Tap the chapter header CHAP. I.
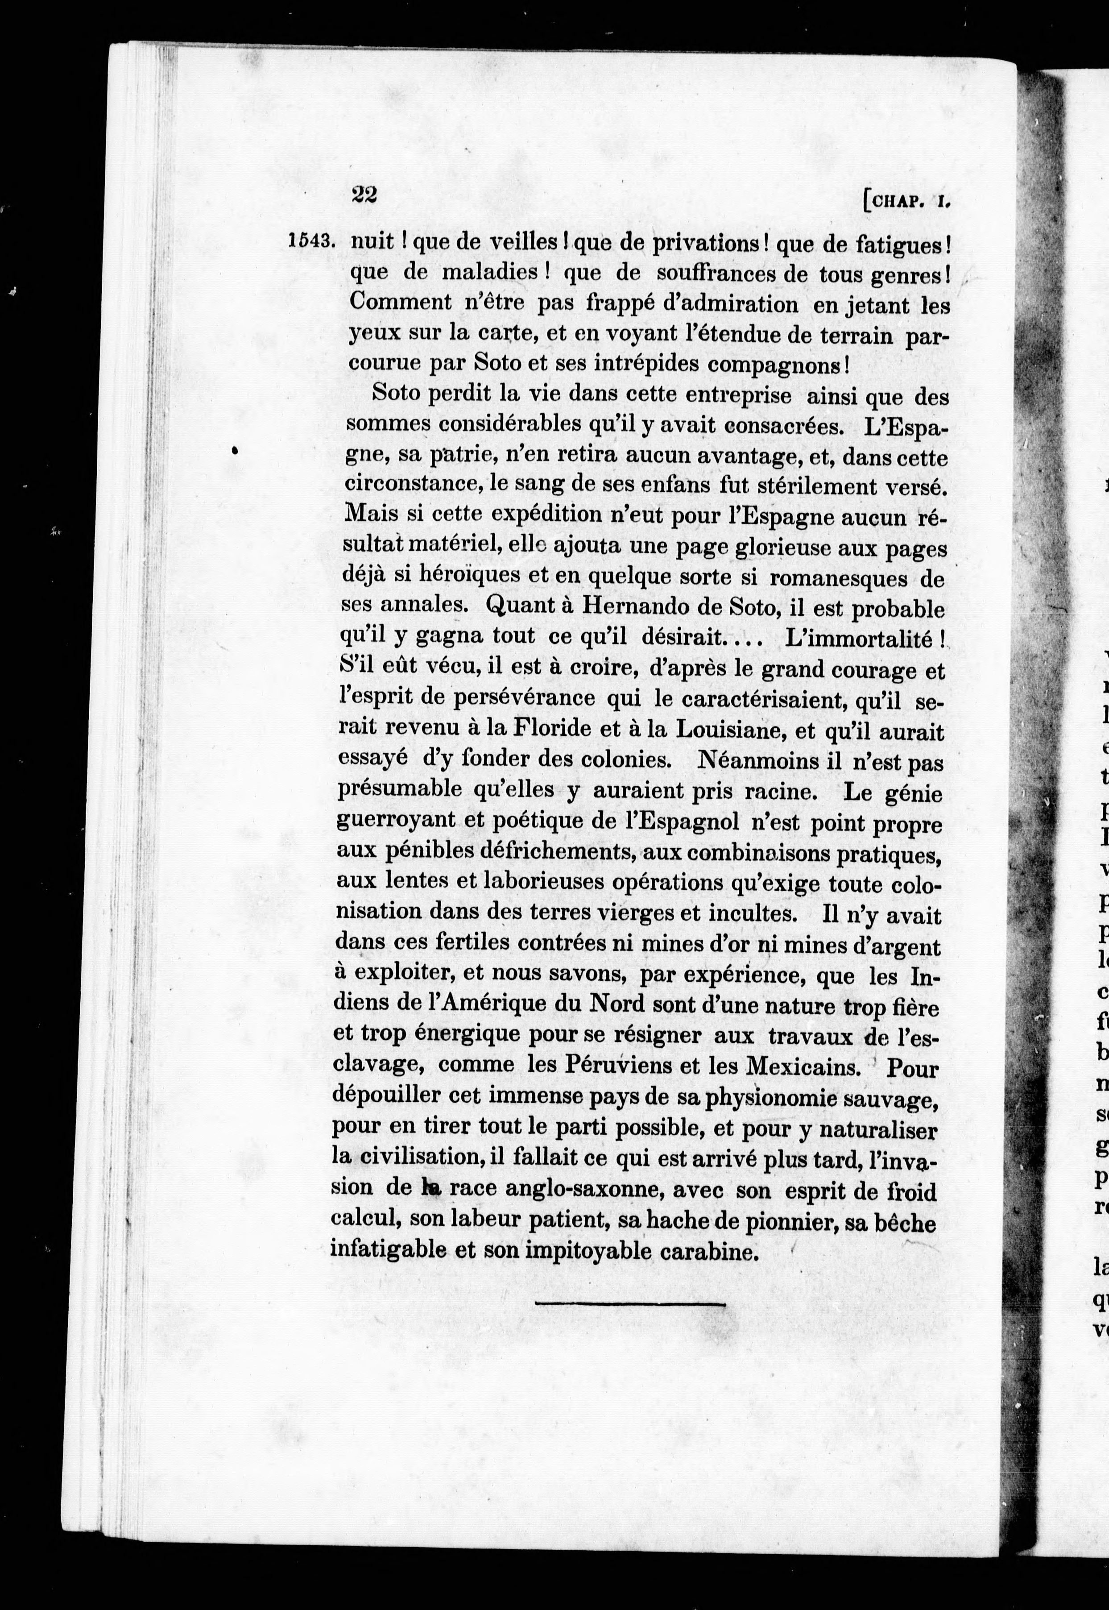tap(906, 202)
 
